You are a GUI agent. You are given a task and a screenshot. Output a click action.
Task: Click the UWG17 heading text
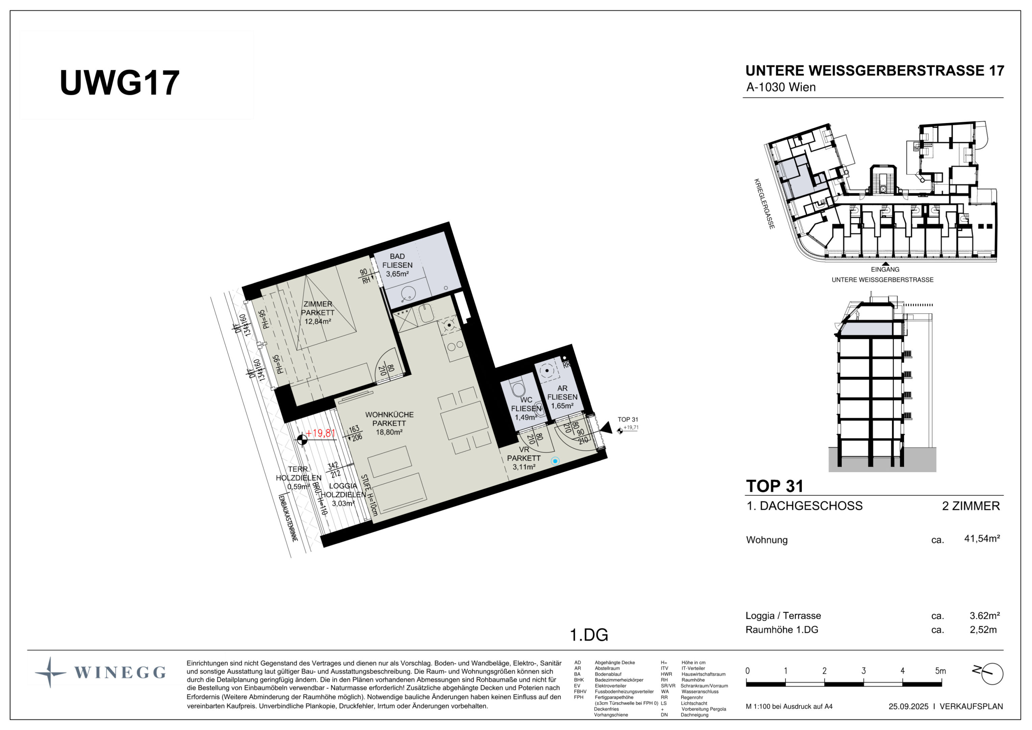coord(120,83)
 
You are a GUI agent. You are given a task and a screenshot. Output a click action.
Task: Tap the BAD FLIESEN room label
coord(397,261)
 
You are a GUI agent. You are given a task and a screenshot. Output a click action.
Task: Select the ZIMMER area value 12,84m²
coord(318,322)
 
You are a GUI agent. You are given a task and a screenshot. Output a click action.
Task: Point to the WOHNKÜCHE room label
coord(389,415)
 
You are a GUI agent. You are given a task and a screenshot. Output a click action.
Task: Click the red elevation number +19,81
coord(321,433)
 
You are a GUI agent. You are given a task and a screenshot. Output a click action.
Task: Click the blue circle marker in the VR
coord(555,461)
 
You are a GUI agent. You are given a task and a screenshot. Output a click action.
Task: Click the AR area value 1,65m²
coord(562,406)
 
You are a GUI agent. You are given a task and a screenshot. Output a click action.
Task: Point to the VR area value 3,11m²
coord(524,467)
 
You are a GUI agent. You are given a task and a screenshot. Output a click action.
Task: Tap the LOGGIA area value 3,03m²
coord(343,503)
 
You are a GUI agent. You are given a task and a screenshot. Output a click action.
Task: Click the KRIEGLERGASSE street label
coord(764,204)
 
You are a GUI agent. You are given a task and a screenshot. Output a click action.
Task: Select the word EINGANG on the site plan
coord(885,269)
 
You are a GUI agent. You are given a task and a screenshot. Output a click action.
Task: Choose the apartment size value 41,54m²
coord(982,538)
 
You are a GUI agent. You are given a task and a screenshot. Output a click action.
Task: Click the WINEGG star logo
coord(50,673)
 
